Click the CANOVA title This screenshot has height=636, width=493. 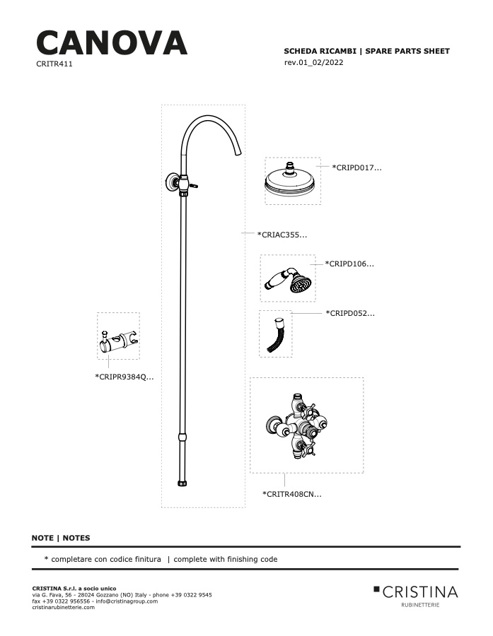(x=112, y=43)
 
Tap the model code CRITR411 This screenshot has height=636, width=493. (x=54, y=64)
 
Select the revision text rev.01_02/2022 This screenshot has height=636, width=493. (x=313, y=62)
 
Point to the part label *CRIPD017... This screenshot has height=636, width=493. (x=357, y=167)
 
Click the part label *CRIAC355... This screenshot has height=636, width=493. (x=282, y=235)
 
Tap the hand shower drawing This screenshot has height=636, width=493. (x=288, y=279)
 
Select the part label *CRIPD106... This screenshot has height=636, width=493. (x=349, y=264)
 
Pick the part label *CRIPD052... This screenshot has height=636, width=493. (x=350, y=314)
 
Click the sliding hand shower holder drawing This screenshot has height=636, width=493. (x=118, y=341)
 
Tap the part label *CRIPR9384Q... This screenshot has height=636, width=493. (x=124, y=377)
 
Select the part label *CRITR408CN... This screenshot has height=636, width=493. (x=292, y=495)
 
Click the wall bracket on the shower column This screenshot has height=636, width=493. (x=171, y=182)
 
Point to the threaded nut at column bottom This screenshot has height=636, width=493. (x=182, y=483)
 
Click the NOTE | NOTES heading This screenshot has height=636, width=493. (x=61, y=538)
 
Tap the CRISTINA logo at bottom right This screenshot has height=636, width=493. (x=416, y=596)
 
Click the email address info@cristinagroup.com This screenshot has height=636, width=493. (x=127, y=601)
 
